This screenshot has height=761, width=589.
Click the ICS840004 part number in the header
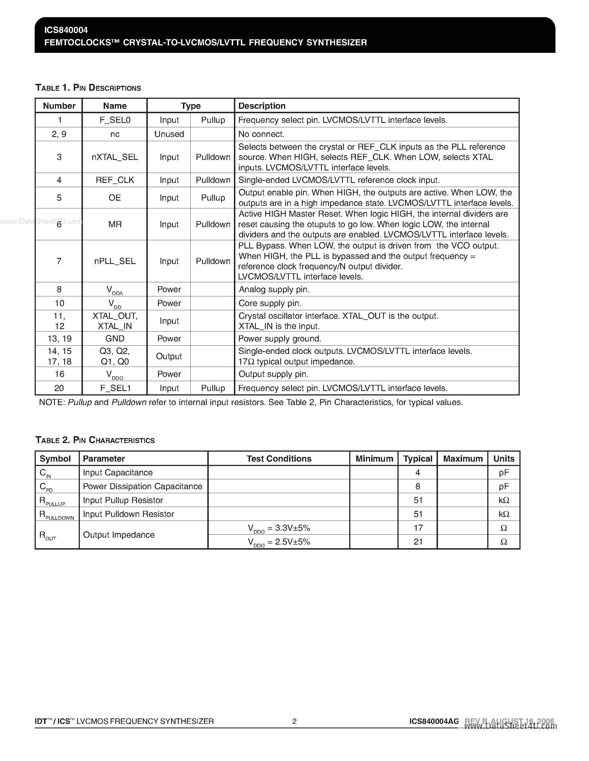tap(66, 30)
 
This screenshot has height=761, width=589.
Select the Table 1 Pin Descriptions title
tap(88, 88)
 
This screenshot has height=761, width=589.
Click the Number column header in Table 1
tap(59, 106)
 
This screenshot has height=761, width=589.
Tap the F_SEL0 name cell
tap(115, 120)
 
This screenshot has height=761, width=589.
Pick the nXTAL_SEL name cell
tap(115, 157)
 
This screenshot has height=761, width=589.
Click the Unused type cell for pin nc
tap(169, 134)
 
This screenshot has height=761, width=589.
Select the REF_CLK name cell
tap(115, 180)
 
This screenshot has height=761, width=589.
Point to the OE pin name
tap(115, 198)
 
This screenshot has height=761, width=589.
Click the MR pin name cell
tap(115, 224)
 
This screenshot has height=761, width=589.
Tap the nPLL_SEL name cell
tap(115, 261)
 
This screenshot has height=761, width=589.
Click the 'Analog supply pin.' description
tap(274, 289)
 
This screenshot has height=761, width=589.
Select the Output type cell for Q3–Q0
tap(169, 356)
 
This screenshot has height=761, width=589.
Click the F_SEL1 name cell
tap(115, 388)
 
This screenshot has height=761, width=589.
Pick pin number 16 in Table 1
tap(59, 374)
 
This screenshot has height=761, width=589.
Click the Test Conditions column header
tap(279, 459)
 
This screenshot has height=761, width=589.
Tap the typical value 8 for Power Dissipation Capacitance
tap(418, 486)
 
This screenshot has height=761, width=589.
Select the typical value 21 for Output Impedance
tap(418, 542)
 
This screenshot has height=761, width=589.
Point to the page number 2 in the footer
tap(294, 721)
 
